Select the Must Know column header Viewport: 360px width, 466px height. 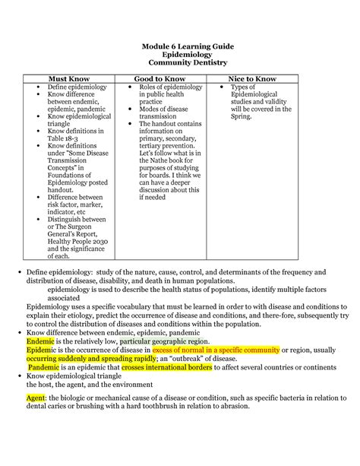pyautogui.click(x=69, y=78)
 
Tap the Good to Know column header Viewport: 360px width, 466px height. pyautogui.click(x=161, y=78)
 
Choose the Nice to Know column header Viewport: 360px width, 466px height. pyautogui.click(x=255, y=78)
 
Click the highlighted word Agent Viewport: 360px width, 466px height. pyautogui.click(x=36, y=398)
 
